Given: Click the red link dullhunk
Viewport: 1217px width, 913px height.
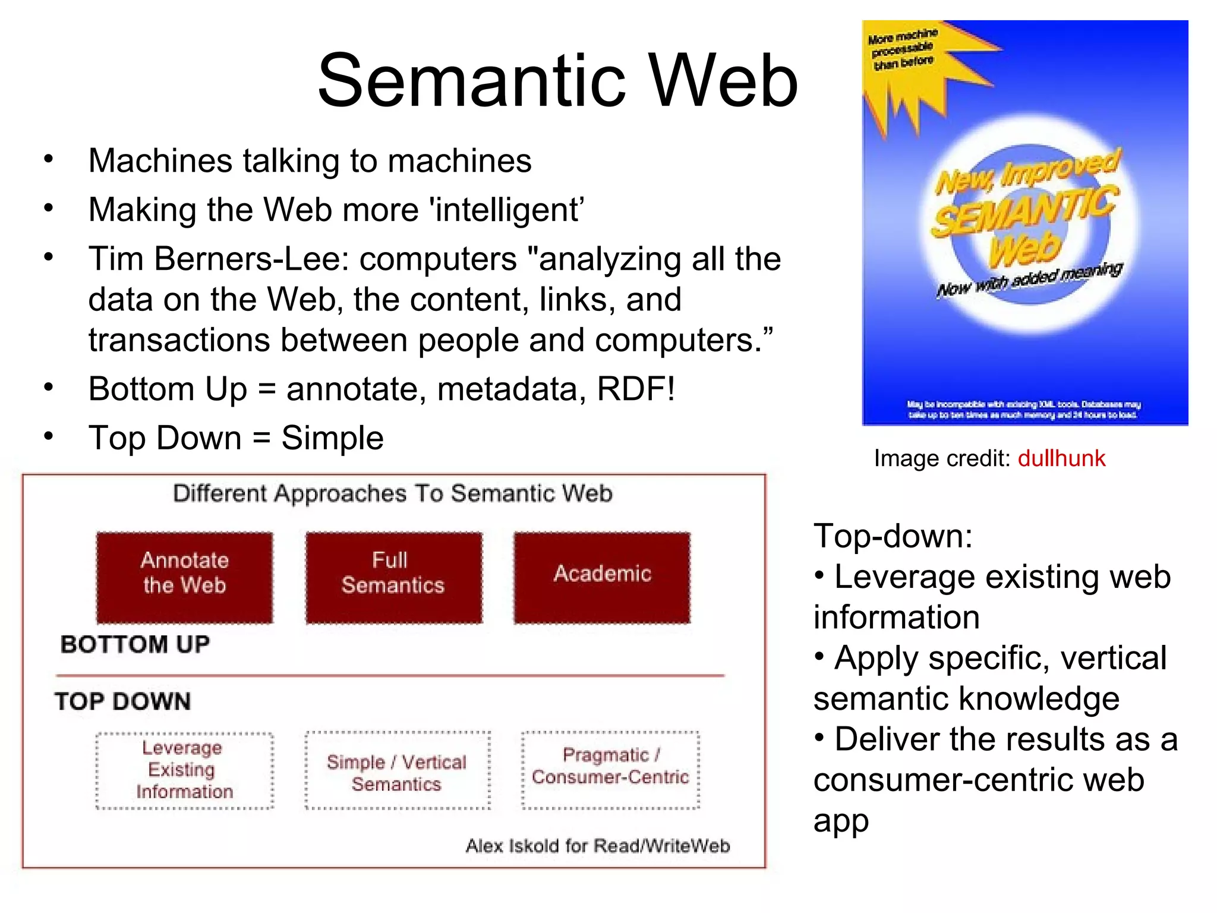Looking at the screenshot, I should click(1061, 458).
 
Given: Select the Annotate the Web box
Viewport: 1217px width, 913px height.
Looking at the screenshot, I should click(185, 577).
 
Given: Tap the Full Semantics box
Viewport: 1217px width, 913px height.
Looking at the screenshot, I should click(393, 577).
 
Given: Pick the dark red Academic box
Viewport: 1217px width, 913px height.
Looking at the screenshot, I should click(602, 577).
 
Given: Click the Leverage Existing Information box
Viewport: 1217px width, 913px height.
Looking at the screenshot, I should click(185, 770).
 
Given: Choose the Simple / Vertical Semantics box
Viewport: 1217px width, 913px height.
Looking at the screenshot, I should click(397, 772).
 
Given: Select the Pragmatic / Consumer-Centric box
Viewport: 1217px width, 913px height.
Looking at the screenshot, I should click(610, 770).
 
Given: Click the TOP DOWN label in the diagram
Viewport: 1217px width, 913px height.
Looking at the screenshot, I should click(123, 701).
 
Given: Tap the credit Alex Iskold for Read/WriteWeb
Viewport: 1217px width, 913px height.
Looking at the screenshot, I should click(597, 845).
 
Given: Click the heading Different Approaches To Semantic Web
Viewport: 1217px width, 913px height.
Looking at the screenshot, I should click(393, 493).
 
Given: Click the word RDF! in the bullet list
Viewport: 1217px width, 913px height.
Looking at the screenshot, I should click(636, 389).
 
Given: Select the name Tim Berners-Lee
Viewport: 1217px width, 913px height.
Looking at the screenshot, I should click(214, 259).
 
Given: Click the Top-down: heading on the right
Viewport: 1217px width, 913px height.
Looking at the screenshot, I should click(893, 536).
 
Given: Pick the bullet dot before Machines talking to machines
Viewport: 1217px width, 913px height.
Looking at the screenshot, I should click(49, 159).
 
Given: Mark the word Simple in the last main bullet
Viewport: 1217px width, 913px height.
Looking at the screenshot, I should click(332, 438).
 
